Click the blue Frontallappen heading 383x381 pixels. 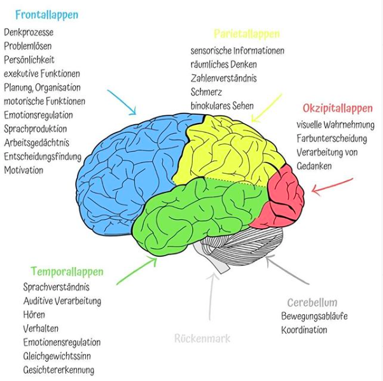click(x=47, y=15)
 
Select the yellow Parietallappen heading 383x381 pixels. click(x=247, y=34)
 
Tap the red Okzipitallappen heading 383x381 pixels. click(x=338, y=108)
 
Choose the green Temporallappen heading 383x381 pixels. click(x=67, y=271)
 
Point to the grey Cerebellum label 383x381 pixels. click(x=312, y=303)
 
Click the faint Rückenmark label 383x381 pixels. click(x=202, y=339)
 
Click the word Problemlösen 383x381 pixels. click(x=28, y=46)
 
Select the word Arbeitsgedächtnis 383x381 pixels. click(x=37, y=143)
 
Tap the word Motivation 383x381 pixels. click(x=24, y=170)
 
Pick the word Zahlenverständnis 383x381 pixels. click(x=223, y=78)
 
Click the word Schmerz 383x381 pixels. click(x=206, y=92)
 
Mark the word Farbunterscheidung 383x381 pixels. click(x=331, y=139)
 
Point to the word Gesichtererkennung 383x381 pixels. click(x=59, y=370)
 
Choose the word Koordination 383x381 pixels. click(x=304, y=330)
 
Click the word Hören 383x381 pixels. click(x=34, y=315)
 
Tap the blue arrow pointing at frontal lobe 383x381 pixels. click(x=122, y=102)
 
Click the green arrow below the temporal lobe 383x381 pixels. click(x=137, y=271)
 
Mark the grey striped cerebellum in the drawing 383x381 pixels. click(x=242, y=247)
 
